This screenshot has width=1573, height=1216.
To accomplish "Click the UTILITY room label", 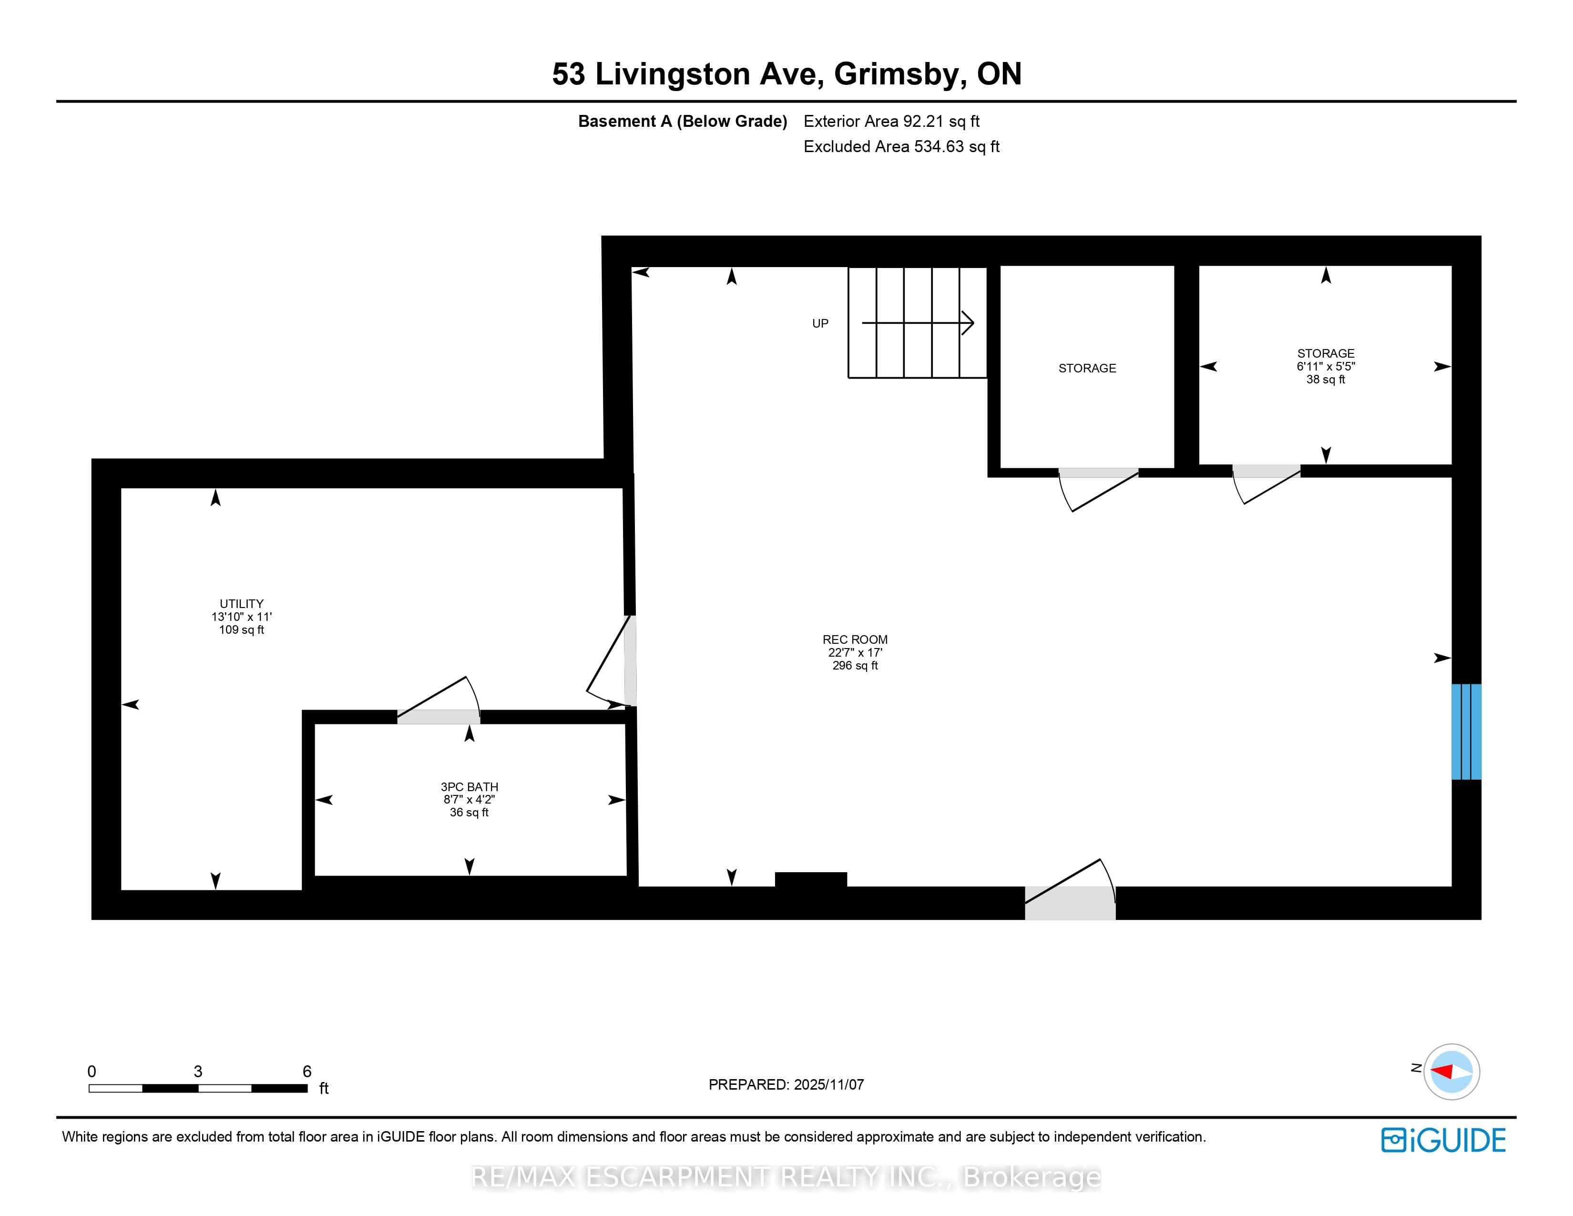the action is pos(241,604).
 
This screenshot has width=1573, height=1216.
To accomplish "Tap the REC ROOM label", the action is pos(855,639).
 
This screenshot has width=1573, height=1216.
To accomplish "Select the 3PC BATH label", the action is pos(470,787).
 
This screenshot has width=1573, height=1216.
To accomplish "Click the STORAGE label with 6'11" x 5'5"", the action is pos(1326,353).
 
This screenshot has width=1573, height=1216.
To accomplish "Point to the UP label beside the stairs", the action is pos(820,323).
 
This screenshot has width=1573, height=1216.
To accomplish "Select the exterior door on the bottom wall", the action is pos(1070,890).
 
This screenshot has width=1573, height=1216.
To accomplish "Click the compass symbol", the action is pos(1451,1071).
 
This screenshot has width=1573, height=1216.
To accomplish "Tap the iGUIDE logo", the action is pos(1443,1140).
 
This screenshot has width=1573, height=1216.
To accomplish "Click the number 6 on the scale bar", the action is pos(307,1071).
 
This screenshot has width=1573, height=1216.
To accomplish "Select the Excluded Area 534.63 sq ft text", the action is pos(902,146).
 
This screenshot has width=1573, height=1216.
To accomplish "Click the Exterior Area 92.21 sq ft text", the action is pos(892,121).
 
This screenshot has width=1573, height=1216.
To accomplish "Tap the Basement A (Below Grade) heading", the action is pos(683,121).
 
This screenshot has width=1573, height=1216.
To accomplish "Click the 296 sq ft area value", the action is pos(855,666).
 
